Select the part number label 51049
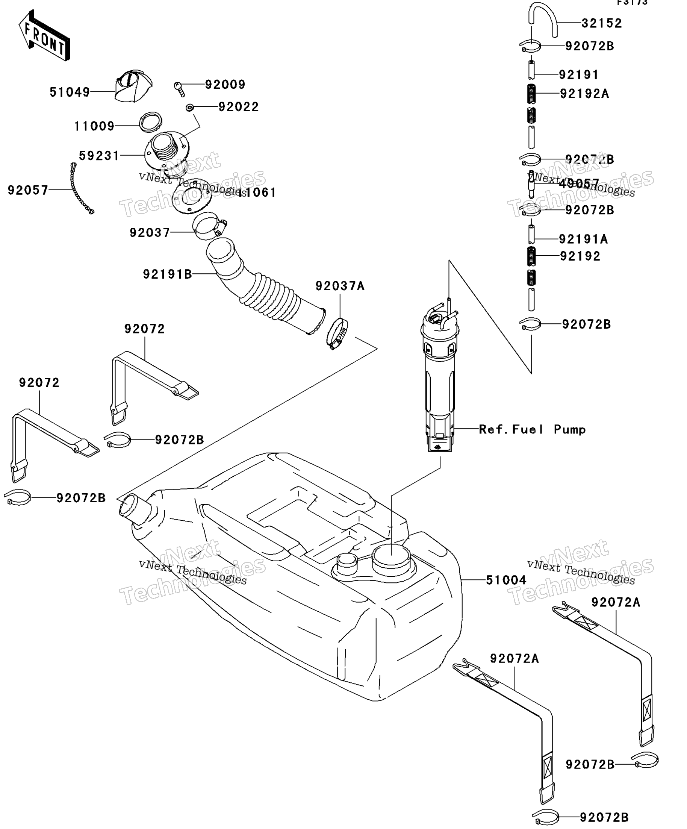(x=70, y=92)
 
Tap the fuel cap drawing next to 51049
(x=133, y=86)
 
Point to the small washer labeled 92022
(x=189, y=108)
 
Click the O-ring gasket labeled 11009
(x=151, y=123)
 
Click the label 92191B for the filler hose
(x=167, y=274)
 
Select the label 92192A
(x=584, y=94)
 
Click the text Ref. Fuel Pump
(x=532, y=429)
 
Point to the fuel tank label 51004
(x=506, y=580)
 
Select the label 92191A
(x=583, y=239)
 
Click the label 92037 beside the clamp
(x=150, y=233)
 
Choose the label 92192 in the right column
(x=580, y=256)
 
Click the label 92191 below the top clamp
(x=578, y=74)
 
